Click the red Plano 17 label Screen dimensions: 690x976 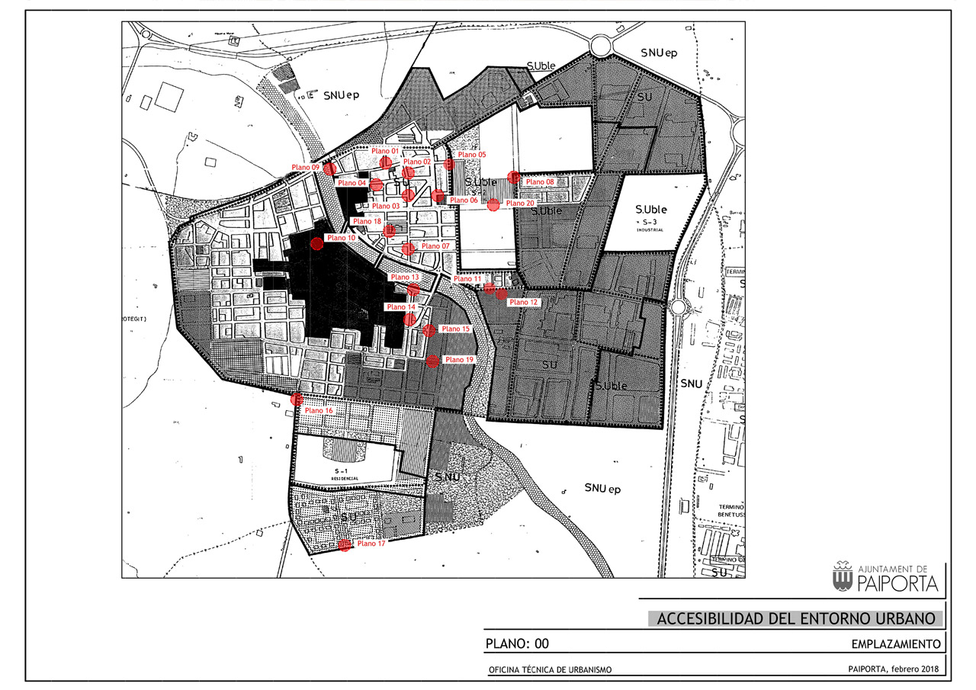371,544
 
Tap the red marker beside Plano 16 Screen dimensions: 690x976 297,399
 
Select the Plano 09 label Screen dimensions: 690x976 305,167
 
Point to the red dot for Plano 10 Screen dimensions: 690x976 316,243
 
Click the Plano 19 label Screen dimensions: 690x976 459,360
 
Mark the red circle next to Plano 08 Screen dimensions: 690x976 513,178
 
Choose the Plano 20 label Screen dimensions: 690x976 519,204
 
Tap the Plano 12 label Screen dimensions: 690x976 523,303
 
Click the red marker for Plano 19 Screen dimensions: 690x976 432,361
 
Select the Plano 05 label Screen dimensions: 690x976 472,155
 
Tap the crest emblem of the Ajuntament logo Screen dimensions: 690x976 843,577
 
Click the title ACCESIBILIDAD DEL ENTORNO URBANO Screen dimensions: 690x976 795,618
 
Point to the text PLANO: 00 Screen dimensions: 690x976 517,644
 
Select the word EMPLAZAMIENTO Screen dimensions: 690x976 895,644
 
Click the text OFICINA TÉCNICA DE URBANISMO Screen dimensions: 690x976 550,670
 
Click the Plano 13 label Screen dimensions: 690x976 405,277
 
